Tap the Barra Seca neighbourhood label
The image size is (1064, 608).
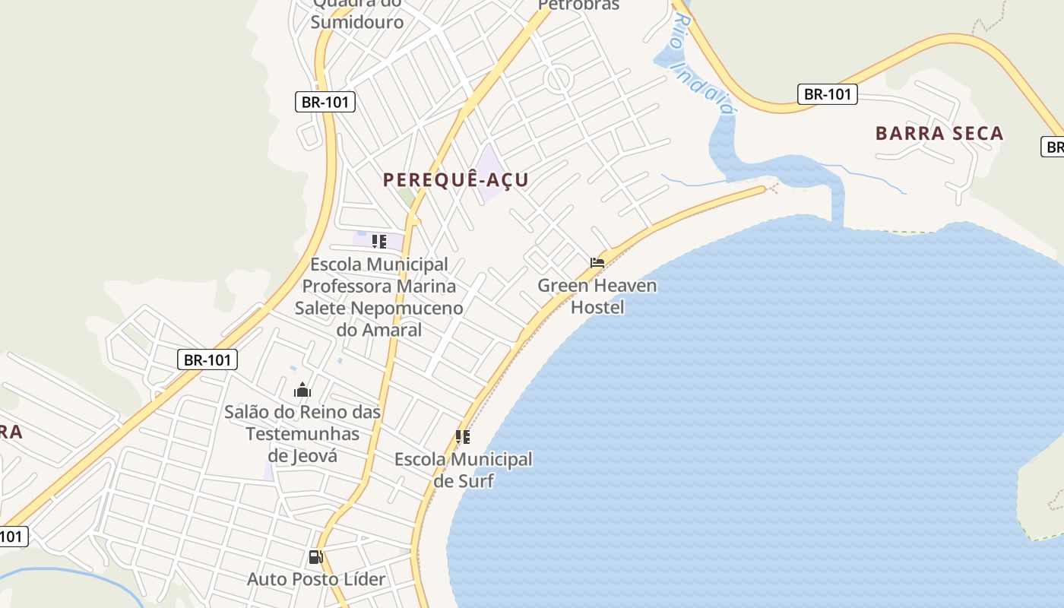939,133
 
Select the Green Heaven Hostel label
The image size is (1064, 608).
597,296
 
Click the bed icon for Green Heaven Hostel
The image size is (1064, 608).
597,263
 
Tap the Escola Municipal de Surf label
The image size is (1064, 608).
463,470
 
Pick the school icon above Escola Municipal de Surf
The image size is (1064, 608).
462,437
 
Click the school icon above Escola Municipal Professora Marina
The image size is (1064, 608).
378,242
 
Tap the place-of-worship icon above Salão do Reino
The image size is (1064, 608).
302,391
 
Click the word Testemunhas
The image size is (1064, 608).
302,434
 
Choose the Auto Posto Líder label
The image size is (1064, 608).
316,579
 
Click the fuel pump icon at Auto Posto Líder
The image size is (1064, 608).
316,557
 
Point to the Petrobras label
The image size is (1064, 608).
579,5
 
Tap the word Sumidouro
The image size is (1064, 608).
357,21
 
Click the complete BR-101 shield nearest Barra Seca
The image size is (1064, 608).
828,94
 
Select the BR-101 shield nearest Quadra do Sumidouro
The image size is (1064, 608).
325,102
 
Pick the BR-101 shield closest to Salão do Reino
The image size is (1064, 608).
207,359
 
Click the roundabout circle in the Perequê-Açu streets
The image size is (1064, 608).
558,78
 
